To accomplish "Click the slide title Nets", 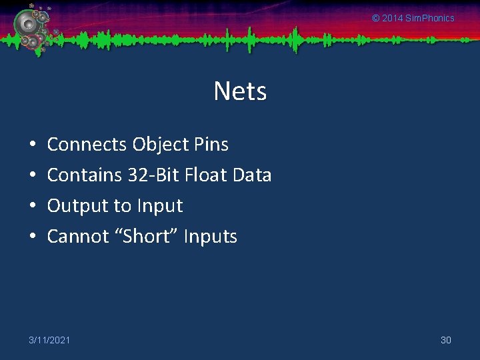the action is pos(240,91).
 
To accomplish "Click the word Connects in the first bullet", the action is pos(87,145).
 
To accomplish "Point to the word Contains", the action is pos(85,175).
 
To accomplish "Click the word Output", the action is pos(77,206).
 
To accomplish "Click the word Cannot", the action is pos(77,237).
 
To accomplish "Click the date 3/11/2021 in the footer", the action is pos(49,341).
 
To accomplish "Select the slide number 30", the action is pos(446,341).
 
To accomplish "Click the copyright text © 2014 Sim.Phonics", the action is pos(413,18).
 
